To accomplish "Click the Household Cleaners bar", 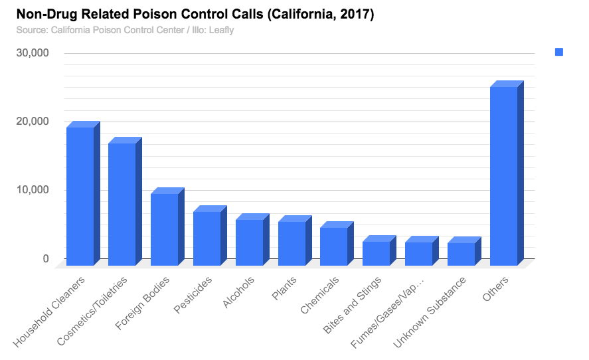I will [80, 196].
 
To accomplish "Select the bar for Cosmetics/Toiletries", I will [122, 204].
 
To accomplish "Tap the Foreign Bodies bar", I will [164, 229].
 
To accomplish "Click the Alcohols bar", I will [249, 242].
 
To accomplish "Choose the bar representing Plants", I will [292, 243].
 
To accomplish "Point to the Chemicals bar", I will [333, 246].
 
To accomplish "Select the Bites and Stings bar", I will [376, 253].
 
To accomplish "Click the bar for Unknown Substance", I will [461, 254].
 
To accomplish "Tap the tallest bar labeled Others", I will [503, 176].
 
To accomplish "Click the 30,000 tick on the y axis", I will [32, 53].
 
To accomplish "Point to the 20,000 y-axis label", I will [32, 122].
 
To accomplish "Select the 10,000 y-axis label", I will [32, 190].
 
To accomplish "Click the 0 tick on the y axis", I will [46, 258].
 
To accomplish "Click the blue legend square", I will [559, 52].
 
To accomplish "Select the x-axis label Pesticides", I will [194, 293].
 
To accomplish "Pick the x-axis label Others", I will [496, 286].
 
